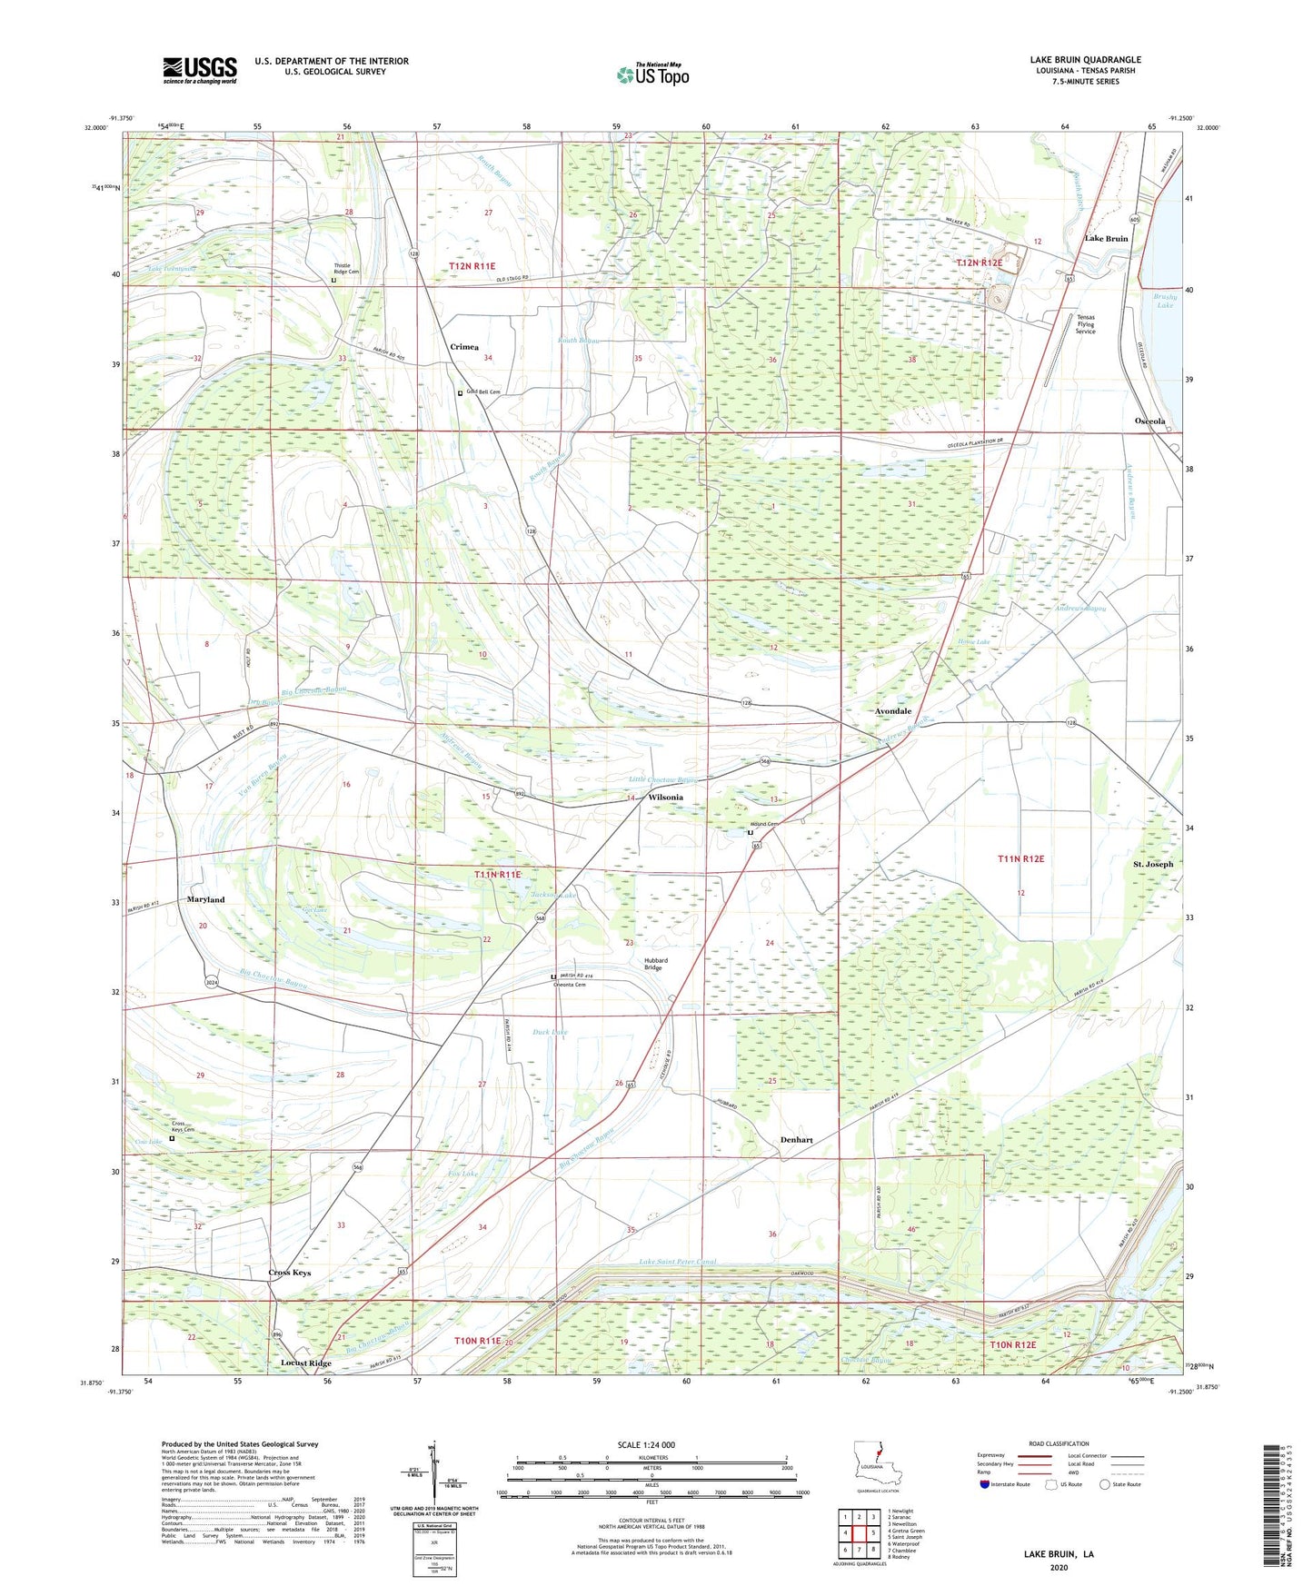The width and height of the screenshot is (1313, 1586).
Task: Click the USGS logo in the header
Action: (200, 70)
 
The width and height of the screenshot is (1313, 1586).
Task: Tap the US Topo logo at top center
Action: (652, 74)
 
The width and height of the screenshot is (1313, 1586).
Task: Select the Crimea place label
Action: (464, 347)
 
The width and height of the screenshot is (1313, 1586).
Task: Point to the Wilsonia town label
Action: (666, 798)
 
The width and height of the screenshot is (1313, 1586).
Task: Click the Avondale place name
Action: (892, 711)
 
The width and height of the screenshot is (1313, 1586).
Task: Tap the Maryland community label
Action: (205, 899)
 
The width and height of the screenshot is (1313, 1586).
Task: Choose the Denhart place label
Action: (797, 1139)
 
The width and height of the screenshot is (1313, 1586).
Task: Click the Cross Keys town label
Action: (290, 1273)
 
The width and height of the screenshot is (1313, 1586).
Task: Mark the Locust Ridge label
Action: (306, 1363)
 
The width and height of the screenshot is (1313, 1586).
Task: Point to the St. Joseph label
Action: (1153, 864)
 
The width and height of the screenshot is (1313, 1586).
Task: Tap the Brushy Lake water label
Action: (1165, 301)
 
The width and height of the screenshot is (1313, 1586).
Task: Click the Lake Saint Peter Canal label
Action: (677, 1262)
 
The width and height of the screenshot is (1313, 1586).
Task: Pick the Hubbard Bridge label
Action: (656, 964)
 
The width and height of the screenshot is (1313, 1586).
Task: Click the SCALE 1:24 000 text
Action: (651, 1445)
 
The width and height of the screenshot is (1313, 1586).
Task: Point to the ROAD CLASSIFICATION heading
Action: (1059, 1443)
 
